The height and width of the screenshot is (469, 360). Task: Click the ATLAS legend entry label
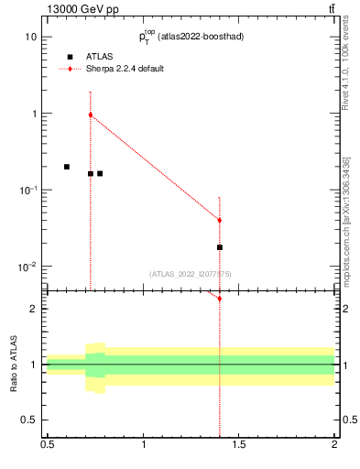(100, 57)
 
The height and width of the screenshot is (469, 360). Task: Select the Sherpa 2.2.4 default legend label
(125, 69)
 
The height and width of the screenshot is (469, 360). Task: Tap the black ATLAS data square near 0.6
(67, 167)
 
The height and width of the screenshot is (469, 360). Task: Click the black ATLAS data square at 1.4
(220, 247)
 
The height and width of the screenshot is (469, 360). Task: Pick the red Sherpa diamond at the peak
(91, 115)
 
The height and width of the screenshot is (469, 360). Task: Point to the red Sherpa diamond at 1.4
(220, 220)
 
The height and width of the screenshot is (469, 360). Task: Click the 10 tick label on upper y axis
(30, 37)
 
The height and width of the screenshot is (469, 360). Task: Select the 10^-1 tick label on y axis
(27, 190)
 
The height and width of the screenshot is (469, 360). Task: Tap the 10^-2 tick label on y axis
(27, 267)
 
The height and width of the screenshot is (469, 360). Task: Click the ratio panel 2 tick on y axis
(34, 309)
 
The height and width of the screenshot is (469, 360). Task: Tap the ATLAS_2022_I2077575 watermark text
(191, 274)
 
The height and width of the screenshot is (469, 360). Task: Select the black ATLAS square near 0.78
(100, 173)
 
